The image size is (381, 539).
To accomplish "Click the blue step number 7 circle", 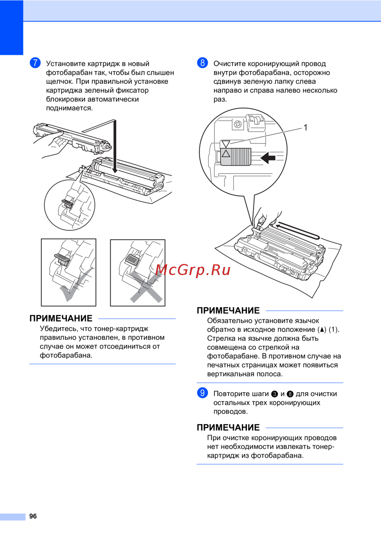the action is click(35, 63).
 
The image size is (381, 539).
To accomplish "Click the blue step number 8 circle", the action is click(202, 63).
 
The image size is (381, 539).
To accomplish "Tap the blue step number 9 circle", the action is click(202, 393).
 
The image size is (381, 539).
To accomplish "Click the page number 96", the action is click(33, 516).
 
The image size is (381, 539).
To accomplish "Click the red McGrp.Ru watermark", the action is click(193, 270).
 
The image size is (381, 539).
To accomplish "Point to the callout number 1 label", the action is click(306, 127).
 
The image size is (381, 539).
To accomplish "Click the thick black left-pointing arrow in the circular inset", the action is click(268, 158).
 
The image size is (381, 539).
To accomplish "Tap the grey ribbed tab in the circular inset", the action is click(236, 157).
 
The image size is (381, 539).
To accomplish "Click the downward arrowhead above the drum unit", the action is click(115, 170).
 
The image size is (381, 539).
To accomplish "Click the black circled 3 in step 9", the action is click(274, 394).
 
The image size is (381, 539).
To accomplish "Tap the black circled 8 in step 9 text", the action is click(290, 394).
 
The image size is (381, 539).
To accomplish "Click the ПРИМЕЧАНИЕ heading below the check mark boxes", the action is click(61, 319).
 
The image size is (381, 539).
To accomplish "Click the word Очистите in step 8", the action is click(230, 64).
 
